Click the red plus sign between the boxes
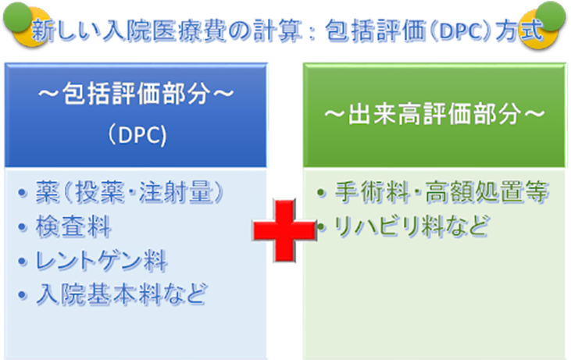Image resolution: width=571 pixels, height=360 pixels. pos(284,230)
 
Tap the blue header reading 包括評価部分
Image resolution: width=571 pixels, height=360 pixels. pos(135,116)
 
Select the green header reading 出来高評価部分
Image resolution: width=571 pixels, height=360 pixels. pos(434,116)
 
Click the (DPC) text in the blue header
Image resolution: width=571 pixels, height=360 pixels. pos(137,134)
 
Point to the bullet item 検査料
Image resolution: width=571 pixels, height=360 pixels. pos(73,226)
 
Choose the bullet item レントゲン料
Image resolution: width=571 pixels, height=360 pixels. pos(102,260)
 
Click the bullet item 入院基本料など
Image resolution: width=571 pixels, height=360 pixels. pos(122,294)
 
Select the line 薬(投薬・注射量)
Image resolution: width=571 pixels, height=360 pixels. pos(130,192)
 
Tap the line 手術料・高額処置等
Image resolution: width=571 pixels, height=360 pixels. pos(441,191)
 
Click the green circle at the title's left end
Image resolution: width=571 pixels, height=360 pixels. pos(17,16)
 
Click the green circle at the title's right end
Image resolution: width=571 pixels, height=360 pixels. pos(551,16)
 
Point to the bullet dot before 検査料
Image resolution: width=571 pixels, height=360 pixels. pos(23,226)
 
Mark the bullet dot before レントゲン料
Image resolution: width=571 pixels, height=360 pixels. pos(23,261)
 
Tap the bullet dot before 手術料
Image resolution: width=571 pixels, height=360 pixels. pos(321,192)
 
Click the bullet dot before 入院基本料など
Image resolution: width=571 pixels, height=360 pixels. pos(23,294)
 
